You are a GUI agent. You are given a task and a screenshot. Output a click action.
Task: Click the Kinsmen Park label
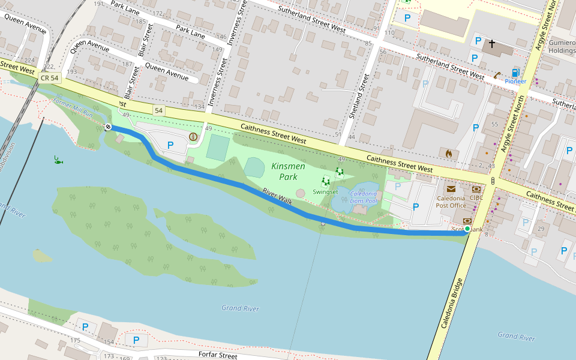[x=284, y=171]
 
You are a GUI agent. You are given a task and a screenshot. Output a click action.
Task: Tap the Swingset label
[x=325, y=192]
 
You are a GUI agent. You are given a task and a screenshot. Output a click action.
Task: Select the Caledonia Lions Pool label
[x=364, y=197]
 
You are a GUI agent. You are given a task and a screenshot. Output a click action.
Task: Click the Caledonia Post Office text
[x=451, y=202]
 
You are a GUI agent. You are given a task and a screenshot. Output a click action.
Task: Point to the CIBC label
[x=476, y=197]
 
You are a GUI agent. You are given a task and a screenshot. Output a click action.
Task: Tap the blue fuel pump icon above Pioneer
[x=515, y=73]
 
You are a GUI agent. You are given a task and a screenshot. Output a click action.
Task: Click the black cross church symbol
[x=492, y=44]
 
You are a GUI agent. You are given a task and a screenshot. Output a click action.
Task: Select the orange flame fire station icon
[x=448, y=154]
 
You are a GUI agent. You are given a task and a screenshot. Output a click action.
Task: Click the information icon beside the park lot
[x=193, y=137]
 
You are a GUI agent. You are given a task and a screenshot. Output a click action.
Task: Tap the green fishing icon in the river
[x=58, y=160]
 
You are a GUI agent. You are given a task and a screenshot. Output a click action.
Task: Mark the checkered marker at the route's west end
[x=107, y=127]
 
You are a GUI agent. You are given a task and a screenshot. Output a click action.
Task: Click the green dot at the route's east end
[x=467, y=229]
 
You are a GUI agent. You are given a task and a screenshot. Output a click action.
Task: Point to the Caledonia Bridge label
[x=452, y=303]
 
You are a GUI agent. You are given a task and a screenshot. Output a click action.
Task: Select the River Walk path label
[x=277, y=197]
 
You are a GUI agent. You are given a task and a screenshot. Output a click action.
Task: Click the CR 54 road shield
[x=50, y=78]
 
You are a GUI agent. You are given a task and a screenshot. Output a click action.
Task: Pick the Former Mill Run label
[x=73, y=108]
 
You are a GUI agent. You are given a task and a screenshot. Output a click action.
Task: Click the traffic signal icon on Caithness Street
[x=493, y=181]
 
